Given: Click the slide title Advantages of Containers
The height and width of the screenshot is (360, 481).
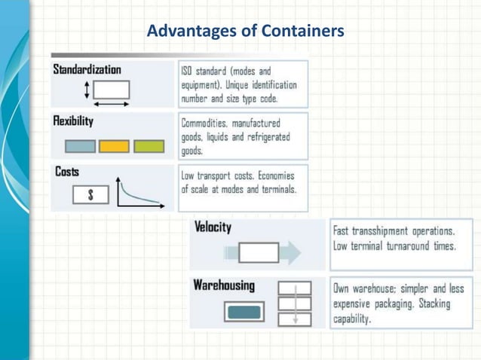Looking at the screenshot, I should coord(246,32).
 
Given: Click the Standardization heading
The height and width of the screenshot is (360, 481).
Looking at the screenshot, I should coord(87,69).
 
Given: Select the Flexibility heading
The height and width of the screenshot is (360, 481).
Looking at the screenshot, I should coord(73,121).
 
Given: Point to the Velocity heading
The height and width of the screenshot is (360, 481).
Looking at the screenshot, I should coord(213,227).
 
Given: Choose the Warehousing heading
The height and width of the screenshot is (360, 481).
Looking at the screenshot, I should coord(224,286).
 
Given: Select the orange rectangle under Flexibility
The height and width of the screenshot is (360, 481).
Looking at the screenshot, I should coord(114,146).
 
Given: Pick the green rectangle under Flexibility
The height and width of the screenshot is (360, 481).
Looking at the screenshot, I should coord(149,146).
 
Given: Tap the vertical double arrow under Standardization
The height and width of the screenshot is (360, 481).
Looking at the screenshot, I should coord(87,90).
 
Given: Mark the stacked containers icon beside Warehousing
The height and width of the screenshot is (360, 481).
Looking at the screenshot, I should coord(295,304).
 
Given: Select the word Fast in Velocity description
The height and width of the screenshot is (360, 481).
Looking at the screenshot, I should coord(345,230).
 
